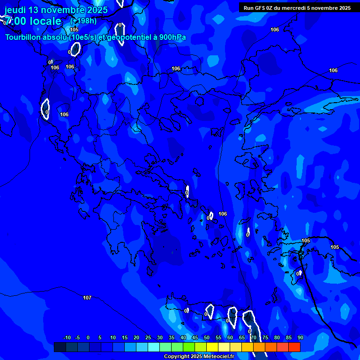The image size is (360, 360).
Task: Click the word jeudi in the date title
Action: click(15, 10)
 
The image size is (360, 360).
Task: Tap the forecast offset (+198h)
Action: click(83, 21)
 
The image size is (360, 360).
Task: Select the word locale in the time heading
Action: click(44, 21)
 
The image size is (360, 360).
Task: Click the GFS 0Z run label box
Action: click(297, 8)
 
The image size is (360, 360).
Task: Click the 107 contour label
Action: click(87, 298)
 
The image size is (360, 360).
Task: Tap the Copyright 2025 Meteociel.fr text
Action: click(199, 357)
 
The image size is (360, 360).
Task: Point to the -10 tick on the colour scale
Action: click(67, 337)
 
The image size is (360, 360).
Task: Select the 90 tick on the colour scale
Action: click(300, 337)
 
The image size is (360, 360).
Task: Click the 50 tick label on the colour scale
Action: click(207, 337)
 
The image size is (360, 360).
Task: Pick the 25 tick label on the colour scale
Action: click(148, 337)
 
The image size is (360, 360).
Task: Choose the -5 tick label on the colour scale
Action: click(77, 337)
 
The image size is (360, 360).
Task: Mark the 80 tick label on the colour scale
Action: click(277, 337)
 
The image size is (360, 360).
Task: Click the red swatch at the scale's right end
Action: click(294, 347)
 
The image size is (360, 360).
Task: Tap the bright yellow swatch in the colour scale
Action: click(212, 347)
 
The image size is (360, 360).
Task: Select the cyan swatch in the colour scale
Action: click(153, 347)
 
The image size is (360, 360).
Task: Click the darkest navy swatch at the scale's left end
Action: click(60, 347)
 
